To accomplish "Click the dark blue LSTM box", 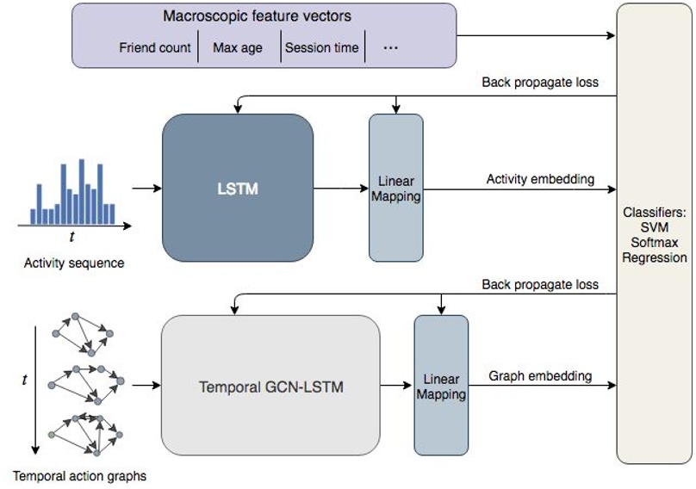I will [x=237, y=187].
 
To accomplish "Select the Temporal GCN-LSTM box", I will [x=270, y=387].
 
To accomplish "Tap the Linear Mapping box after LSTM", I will [x=396, y=188].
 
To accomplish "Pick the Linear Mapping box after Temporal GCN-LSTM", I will [x=441, y=385].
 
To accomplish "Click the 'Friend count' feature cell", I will [x=155, y=47].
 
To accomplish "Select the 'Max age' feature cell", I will [x=238, y=47].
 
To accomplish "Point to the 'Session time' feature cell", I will [x=321, y=47].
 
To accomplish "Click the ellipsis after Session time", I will [x=390, y=47].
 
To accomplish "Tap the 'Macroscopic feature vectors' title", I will [x=257, y=16].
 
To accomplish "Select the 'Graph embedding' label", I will [x=540, y=375].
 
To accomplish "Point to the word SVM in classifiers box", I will [x=655, y=226].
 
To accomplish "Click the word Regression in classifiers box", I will [x=655, y=257].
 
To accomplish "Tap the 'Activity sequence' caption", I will [x=74, y=263].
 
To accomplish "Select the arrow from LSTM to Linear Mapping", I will [x=340, y=188].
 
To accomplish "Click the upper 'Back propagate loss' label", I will [x=540, y=83].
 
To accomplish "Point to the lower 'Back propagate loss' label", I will [x=540, y=283].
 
